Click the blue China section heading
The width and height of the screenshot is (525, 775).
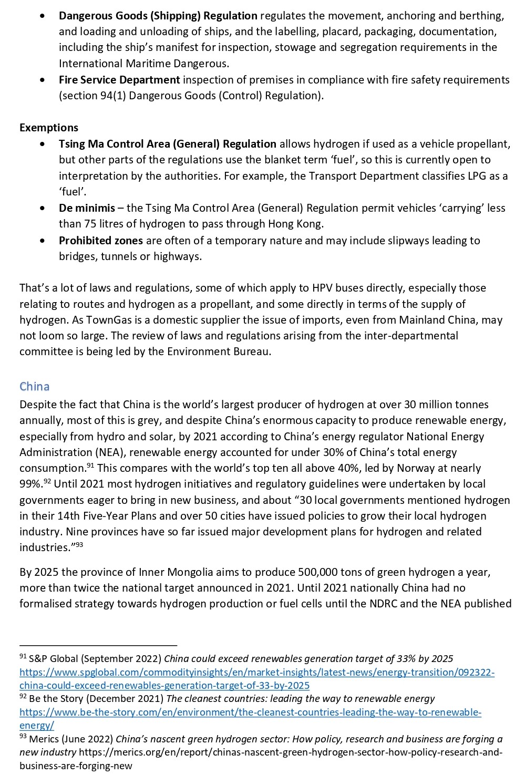coord(35,387)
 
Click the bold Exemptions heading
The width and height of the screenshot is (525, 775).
coord(49,128)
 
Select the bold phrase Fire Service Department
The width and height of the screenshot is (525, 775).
coord(119,80)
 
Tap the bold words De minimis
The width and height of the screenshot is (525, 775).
coord(87,208)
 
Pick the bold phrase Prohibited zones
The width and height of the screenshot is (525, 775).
coord(101,241)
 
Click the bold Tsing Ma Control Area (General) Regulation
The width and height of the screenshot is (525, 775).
coord(168,144)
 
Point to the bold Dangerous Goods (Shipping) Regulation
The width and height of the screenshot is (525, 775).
coord(158,16)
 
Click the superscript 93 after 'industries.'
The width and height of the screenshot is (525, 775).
coord(79,545)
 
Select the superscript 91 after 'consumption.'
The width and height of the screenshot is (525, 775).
coord(90,466)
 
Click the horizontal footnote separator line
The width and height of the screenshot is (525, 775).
coord(98,645)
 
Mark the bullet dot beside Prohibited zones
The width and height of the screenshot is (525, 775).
coord(42,241)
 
